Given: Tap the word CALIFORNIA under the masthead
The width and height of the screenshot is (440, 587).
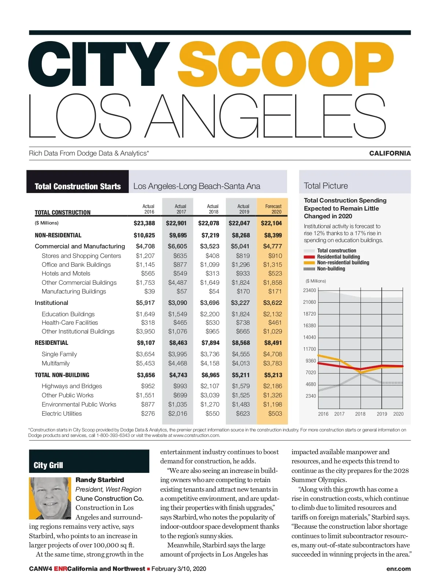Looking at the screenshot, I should pos(390,153).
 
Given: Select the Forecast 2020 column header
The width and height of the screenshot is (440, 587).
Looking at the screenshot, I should pos(273,209).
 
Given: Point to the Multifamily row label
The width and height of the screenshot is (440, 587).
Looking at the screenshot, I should pos(55,363).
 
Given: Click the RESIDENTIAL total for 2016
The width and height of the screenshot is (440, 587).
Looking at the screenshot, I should pos(146,343).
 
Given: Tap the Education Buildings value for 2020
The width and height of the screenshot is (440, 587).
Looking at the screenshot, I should pos(272,314).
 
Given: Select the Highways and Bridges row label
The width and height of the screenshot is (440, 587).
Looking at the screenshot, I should pos(71,386).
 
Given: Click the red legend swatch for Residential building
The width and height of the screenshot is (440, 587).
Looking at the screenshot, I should pos(309,257).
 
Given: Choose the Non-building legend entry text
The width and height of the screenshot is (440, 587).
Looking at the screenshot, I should pos(331,269).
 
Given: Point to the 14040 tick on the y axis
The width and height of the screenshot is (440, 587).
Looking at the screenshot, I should pos(309,337).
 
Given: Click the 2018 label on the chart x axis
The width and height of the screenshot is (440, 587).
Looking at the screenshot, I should pos(360,414).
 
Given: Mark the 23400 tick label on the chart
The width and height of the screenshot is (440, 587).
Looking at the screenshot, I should pos(309,290).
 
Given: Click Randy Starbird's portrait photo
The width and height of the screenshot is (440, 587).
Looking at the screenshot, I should pos(50,498).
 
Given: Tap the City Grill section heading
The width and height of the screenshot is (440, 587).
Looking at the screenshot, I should pos(48,465).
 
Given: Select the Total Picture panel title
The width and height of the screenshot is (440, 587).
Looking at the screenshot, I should pos(326,186).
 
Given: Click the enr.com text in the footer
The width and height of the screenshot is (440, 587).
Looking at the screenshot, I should pos(398,569).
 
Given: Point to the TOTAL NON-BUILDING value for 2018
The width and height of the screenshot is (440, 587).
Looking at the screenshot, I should pos(210,375).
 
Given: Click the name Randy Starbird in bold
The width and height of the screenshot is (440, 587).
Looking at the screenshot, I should pos(99,480).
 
